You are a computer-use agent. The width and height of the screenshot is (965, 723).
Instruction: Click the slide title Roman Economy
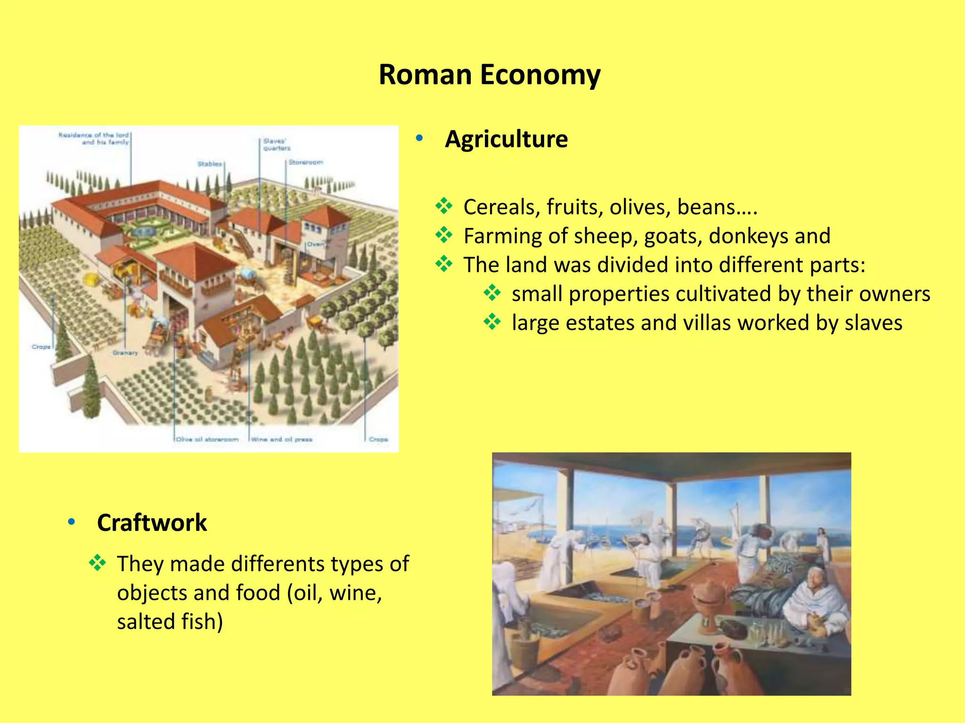coord(490,74)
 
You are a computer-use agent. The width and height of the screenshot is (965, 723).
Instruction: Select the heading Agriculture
coord(506,139)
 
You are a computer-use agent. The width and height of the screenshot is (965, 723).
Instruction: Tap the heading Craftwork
coord(152,522)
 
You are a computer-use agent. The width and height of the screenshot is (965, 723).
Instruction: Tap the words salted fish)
coord(170,621)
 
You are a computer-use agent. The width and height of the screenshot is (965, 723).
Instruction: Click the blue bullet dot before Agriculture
coord(419,138)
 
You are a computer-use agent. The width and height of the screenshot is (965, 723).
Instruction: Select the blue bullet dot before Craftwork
coord(72,522)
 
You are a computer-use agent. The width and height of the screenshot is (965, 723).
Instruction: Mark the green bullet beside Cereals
coord(444,206)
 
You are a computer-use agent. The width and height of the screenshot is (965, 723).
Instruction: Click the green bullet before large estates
coord(492,322)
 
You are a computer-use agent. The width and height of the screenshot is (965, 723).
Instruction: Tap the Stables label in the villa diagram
coord(210,164)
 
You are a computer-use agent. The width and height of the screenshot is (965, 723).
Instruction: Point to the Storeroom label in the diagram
coord(306,162)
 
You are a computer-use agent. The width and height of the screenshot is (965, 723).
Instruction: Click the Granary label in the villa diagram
coord(125,353)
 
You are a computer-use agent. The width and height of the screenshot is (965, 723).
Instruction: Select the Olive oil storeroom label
coord(207,439)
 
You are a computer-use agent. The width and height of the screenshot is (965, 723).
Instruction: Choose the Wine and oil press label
coord(282,439)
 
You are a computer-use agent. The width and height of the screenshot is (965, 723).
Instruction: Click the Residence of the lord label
coord(94,138)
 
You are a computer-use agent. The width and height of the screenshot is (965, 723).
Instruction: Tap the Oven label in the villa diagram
coord(315,244)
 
